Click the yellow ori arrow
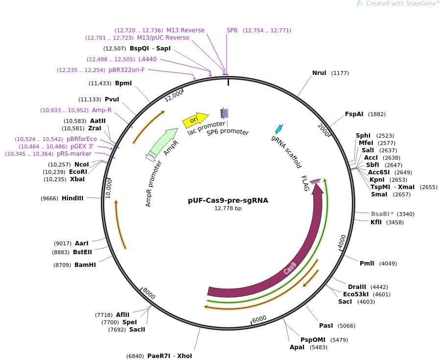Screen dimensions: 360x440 point(195,119)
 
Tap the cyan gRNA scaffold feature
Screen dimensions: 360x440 point(279,129)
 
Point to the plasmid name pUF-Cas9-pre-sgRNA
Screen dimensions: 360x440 point(228,200)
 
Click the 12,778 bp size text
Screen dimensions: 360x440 point(228,208)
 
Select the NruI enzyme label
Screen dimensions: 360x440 point(319,73)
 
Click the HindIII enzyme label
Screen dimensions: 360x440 point(72,198)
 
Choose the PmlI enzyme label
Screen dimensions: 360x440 point(367,264)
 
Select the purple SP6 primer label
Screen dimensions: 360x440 point(232,30)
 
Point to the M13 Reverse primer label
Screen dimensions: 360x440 point(185,30)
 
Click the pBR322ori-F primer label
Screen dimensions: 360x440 point(127,70)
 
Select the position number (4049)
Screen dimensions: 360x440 point(388,264)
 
